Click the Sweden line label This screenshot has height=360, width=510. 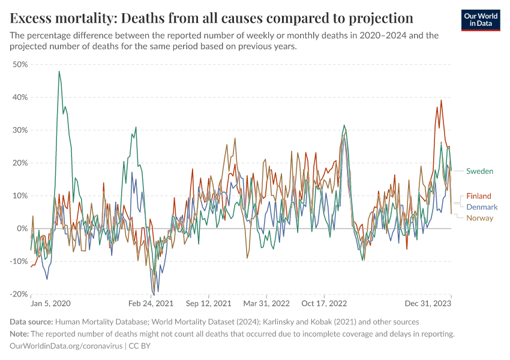[479, 172]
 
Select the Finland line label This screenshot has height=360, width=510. [478, 196]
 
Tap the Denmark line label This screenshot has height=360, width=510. [482, 207]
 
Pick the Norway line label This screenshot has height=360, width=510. [479, 218]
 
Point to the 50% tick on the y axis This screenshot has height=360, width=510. [20, 64]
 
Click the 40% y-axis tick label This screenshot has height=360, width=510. [20, 97]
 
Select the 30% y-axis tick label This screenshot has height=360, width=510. [20, 130]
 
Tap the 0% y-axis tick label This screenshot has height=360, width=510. [22, 229]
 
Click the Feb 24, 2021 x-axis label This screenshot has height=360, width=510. [150, 304]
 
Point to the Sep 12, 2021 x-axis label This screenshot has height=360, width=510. [208, 304]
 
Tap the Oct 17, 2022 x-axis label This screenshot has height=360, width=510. [324, 304]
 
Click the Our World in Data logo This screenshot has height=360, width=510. [481, 20]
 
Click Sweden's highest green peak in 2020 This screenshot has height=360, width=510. [59, 71]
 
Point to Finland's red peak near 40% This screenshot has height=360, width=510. [441, 100]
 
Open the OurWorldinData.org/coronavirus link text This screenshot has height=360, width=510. [65, 346]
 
